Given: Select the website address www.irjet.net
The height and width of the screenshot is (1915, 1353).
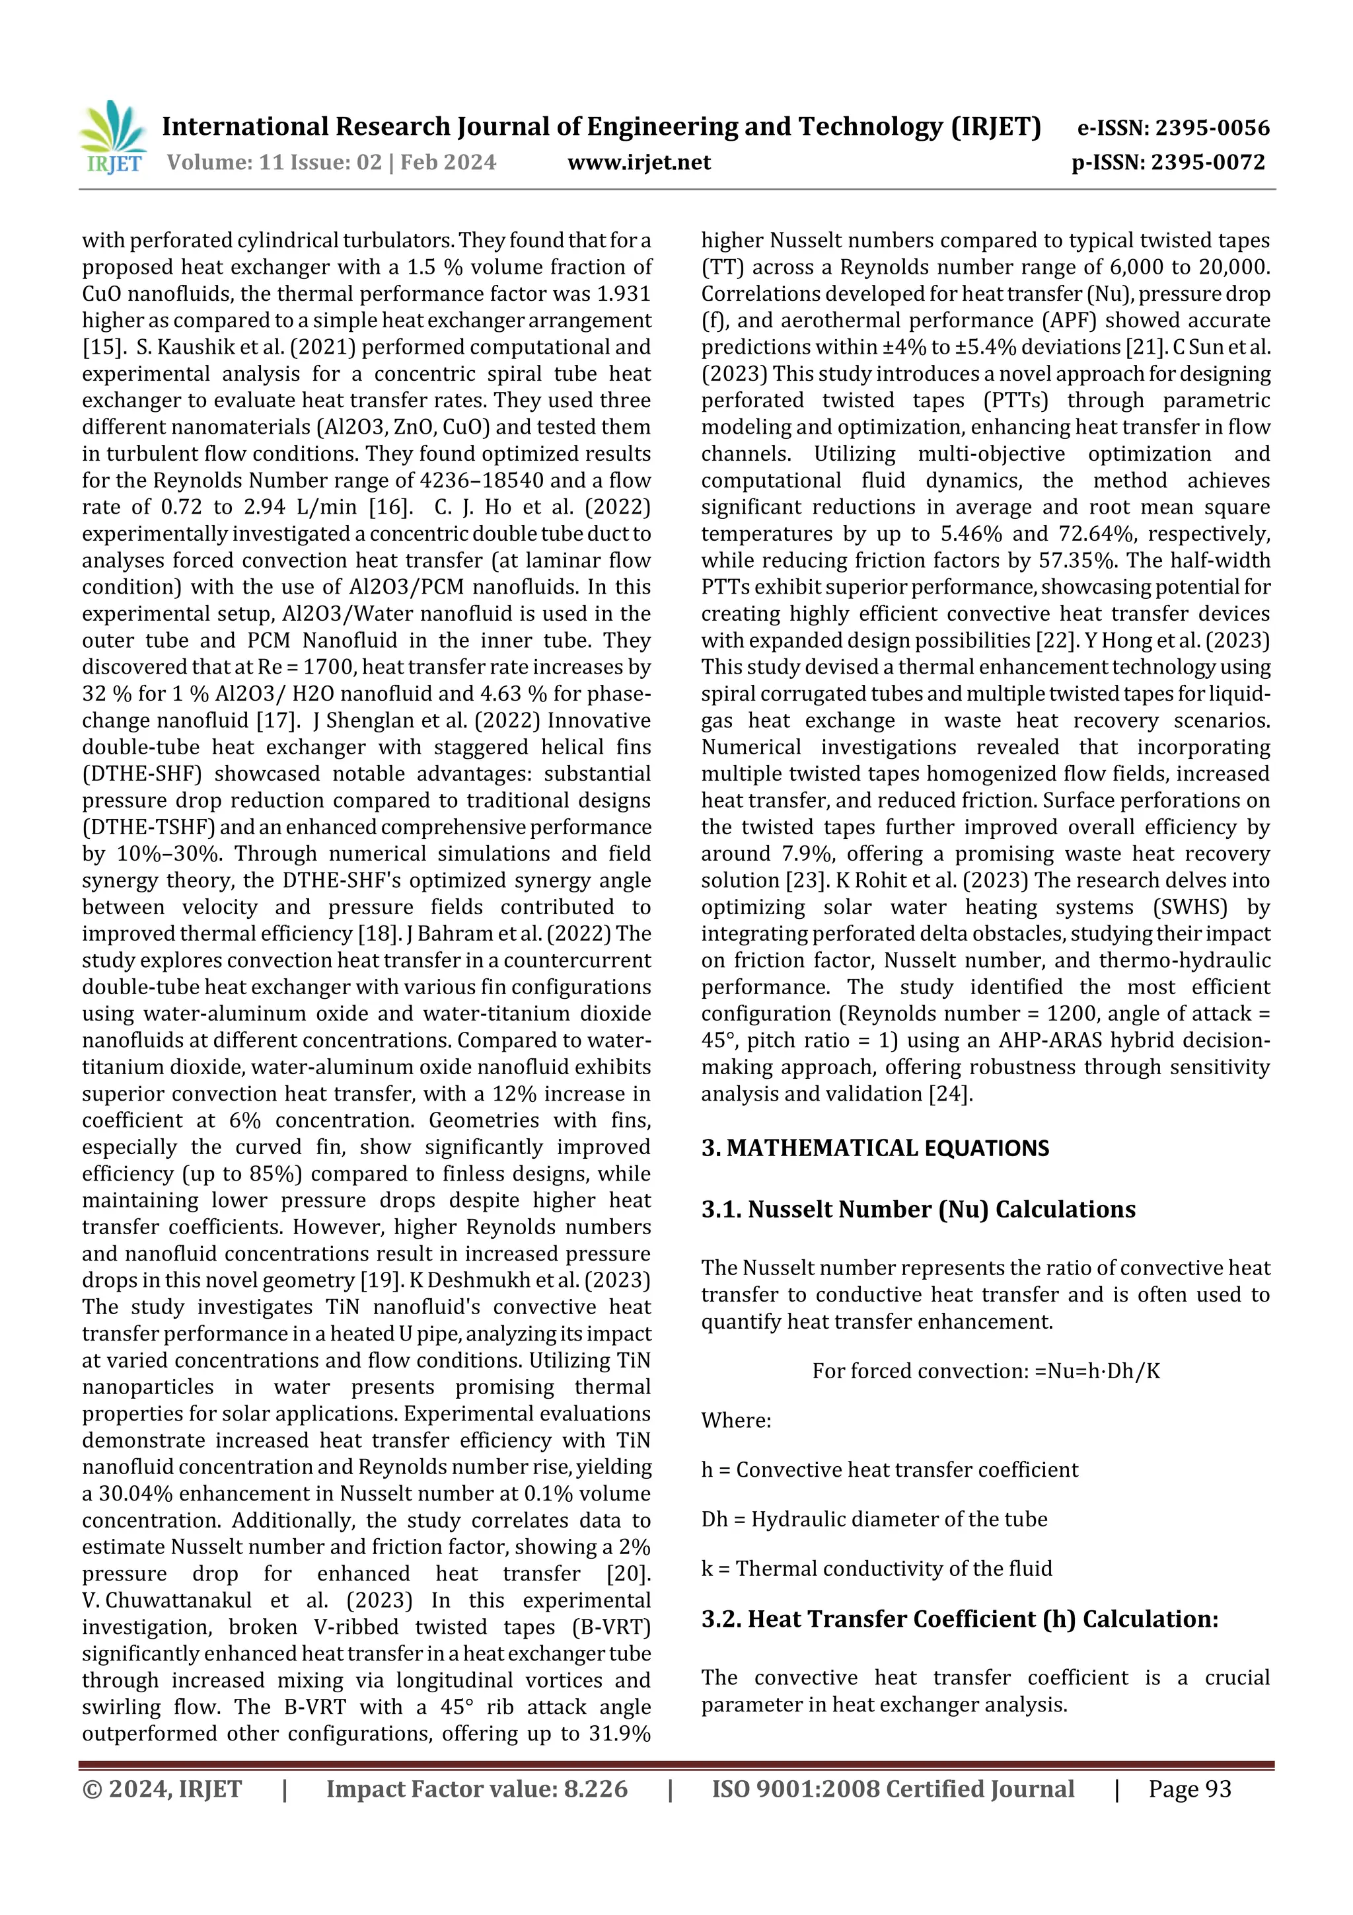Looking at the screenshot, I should pos(639,162).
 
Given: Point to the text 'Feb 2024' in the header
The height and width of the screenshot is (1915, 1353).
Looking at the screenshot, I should pos(448,162).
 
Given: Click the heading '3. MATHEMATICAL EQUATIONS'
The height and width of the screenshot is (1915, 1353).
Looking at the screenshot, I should pos(875,1148).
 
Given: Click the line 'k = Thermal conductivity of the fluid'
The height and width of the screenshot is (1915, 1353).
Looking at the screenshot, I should pos(876,1568).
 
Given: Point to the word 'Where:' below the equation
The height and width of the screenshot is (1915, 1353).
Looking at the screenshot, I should pos(735,1420).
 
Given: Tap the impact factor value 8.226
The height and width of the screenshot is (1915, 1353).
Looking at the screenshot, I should pos(595,1788).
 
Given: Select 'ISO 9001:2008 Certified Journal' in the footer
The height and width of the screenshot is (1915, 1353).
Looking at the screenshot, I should pos(892,1788).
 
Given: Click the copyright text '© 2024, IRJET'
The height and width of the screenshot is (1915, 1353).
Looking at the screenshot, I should pos(162,1788).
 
